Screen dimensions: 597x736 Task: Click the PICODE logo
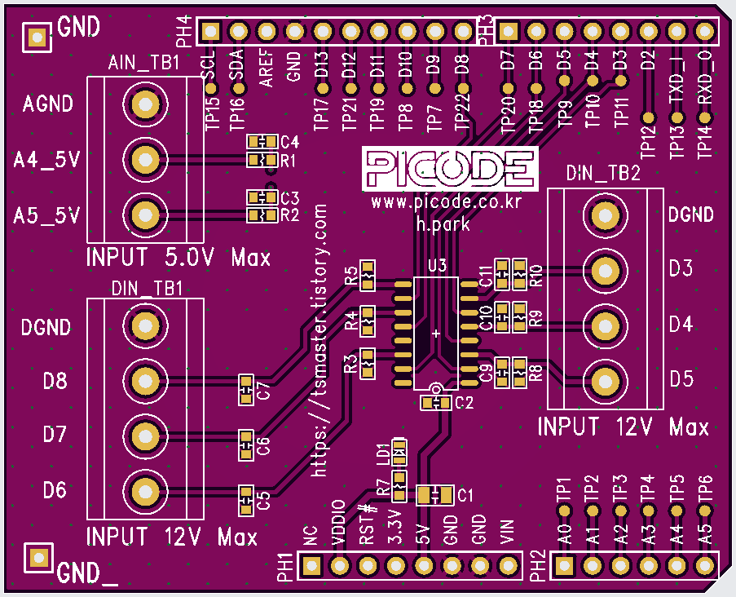[x=450, y=170]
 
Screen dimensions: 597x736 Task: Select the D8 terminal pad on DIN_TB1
[x=144, y=380]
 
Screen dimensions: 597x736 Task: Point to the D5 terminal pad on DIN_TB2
[x=605, y=380]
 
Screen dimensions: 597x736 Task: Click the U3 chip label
[x=437, y=266]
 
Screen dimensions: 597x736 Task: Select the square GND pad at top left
[x=36, y=36]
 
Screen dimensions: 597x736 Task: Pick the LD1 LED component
[x=399, y=448]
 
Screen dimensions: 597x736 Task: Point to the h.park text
[x=443, y=223]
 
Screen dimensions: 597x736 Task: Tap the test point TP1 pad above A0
[x=563, y=511]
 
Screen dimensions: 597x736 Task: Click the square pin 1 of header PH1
[x=311, y=565]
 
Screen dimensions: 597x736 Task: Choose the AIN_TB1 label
[x=144, y=64]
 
